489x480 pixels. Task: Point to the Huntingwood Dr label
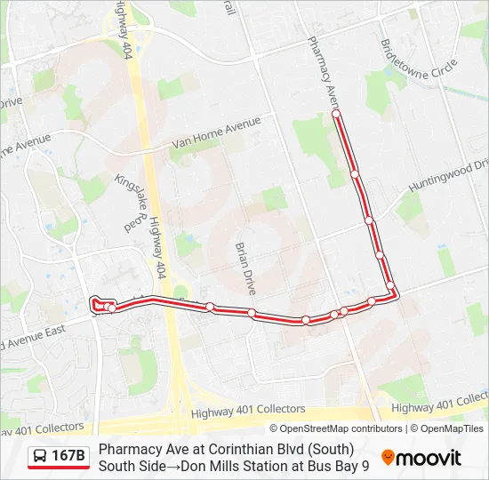point(448,176)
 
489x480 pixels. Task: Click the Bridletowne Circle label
point(419,68)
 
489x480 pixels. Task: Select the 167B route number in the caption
point(69,456)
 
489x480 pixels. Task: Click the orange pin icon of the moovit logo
point(388,458)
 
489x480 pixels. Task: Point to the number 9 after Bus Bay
point(365,465)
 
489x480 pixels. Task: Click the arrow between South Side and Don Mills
point(160,465)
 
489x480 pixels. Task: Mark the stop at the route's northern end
point(336,114)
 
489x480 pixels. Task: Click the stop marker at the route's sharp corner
point(390,285)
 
